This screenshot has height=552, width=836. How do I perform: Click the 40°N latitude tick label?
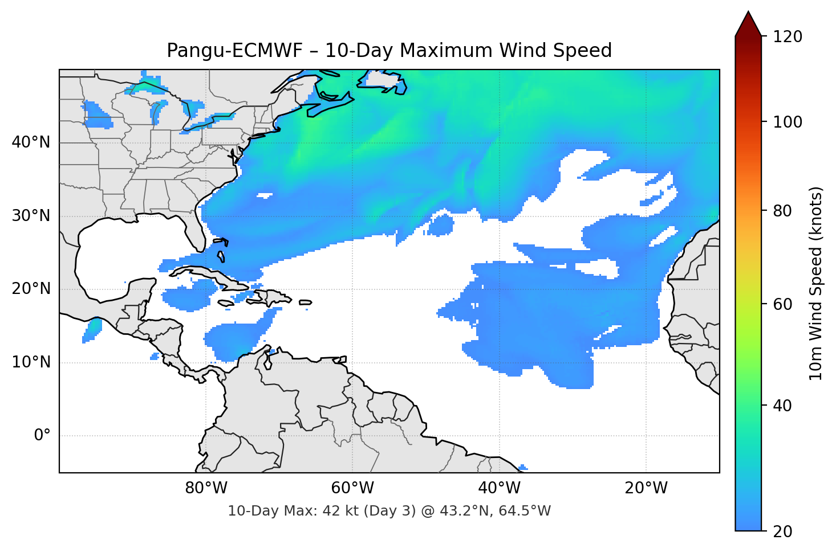(31, 142)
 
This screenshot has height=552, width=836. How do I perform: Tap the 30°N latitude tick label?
(31, 216)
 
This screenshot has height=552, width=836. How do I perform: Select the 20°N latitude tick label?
(31, 289)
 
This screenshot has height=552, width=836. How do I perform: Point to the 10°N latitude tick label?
(31, 362)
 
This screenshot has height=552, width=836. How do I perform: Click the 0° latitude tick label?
(42, 436)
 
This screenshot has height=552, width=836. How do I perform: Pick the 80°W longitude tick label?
(206, 488)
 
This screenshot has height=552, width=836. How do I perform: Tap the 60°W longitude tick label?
(352, 488)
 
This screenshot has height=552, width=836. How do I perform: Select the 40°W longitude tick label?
(499, 488)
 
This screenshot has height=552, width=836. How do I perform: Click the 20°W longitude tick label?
(646, 488)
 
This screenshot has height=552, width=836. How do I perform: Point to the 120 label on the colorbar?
(788, 37)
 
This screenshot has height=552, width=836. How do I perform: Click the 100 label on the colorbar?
(788, 122)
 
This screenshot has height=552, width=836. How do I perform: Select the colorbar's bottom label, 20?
(782, 531)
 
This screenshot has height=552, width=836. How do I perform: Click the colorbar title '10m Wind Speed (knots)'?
(816, 283)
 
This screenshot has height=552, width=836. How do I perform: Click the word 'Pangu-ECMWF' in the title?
(234, 51)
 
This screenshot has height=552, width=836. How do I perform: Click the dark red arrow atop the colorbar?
(748, 24)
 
